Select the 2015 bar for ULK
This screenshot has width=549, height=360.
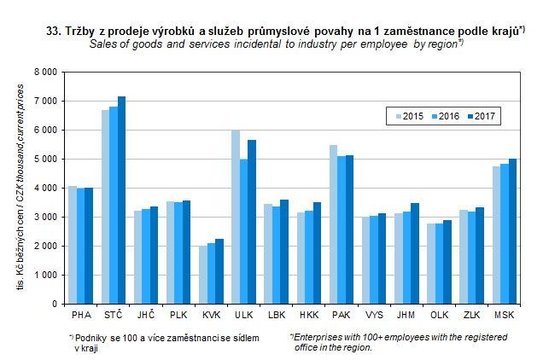[236, 217]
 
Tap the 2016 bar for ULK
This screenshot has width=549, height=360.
[244, 231]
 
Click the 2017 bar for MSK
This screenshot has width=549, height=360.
[514, 231]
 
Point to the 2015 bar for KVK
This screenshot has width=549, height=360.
[203, 275]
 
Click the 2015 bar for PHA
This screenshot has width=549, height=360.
[73, 245]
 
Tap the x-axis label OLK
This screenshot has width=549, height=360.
[439, 316]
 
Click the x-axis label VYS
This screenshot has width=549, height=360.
[374, 316]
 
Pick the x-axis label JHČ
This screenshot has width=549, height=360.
[146, 316]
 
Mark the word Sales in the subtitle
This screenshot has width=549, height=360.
[102, 44]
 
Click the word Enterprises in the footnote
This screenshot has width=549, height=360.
[320, 339]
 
